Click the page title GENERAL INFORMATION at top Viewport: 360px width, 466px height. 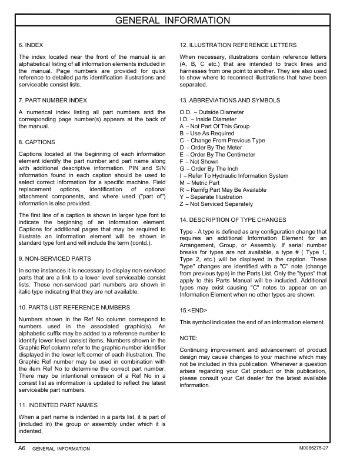click(x=180, y=22)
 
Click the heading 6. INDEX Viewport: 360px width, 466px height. click(x=31, y=45)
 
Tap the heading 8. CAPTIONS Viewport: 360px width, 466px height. click(x=37, y=142)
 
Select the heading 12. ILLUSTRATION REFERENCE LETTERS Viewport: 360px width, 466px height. click(x=238, y=45)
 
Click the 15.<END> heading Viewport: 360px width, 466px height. click(x=194, y=310)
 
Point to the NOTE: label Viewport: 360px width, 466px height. click(x=189, y=338)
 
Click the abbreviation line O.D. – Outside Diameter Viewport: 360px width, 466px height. click(x=212, y=112)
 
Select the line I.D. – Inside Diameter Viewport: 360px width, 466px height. click(x=208, y=119)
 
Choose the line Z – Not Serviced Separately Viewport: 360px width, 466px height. click(x=216, y=204)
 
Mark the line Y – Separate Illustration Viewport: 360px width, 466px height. click(x=213, y=197)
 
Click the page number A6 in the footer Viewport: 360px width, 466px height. click(x=21, y=448)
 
